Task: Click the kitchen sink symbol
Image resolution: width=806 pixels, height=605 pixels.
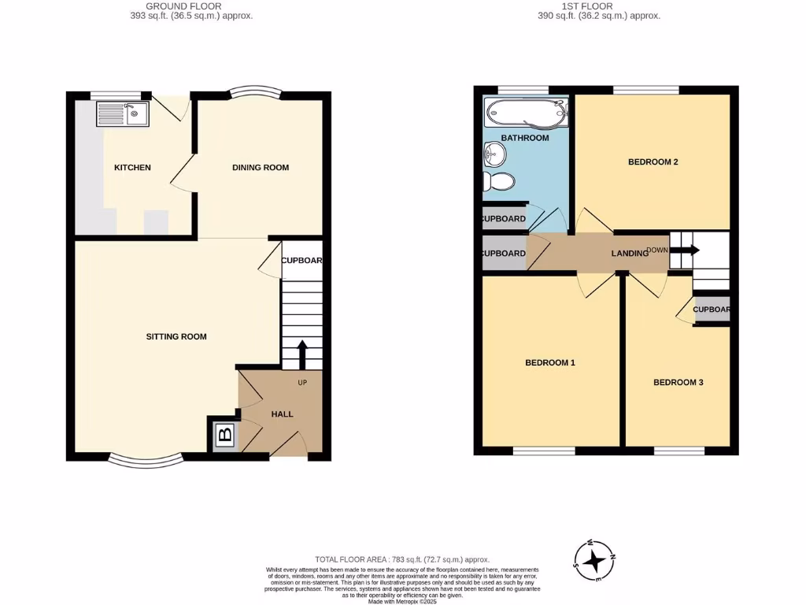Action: click(122, 115)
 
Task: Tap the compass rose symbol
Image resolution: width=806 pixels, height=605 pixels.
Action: click(596, 561)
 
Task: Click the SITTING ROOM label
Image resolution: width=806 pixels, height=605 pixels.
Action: click(176, 336)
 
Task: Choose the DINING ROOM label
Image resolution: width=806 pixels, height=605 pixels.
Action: click(260, 167)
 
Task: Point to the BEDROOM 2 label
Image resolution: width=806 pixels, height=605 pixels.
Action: click(653, 161)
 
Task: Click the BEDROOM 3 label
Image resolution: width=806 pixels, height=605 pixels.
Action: click(678, 382)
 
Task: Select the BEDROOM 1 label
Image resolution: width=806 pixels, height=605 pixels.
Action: click(550, 362)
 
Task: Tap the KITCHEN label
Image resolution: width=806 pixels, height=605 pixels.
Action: click(132, 167)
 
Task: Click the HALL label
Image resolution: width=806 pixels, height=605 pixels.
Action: click(282, 414)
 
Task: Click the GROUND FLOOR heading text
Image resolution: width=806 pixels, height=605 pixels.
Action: click(191, 6)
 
